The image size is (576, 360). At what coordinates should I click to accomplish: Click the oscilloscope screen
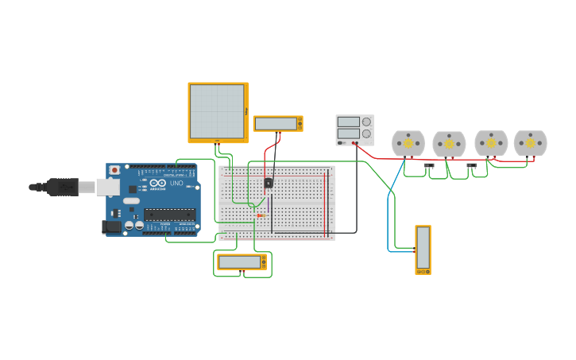coord(217,111)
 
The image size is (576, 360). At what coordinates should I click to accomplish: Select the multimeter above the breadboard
coord(277,123)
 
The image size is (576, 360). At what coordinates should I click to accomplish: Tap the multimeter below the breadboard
coord(242,261)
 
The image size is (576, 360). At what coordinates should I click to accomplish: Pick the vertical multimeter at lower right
coord(423,249)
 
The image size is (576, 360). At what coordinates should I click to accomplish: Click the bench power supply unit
coord(354,130)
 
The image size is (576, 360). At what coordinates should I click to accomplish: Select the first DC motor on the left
coord(408,144)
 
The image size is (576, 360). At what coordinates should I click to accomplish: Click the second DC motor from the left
coord(449,145)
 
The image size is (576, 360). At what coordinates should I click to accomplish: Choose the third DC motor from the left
coord(491,144)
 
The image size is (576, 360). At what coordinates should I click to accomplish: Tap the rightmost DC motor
coord(530,143)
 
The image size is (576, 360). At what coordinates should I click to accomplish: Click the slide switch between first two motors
coord(429,166)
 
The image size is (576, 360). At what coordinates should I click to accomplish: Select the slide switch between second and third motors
coord(471,166)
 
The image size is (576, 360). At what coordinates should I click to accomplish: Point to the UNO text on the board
coord(176,183)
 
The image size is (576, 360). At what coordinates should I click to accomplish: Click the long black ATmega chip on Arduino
coord(169,214)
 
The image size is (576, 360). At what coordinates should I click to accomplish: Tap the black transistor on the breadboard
coord(268,183)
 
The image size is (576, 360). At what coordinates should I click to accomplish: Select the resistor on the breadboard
coord(261,215)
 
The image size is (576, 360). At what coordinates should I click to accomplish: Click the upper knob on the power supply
coord(366,122)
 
